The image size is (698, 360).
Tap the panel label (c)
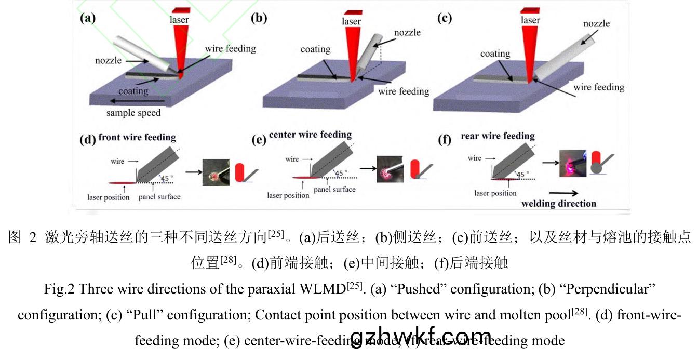(x=444, y=18)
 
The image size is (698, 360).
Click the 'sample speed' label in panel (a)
(x=133, y=113)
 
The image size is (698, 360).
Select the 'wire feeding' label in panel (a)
(x=230, y=49)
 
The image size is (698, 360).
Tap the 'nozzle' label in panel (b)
(x=407, y=32)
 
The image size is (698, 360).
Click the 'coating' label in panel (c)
(x=495, y=54)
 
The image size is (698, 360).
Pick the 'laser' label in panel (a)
(x=179, y=20)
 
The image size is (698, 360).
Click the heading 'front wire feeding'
(x=137, y=138)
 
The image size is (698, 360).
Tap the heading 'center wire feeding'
(x=310, y=135)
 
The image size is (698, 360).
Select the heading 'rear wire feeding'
(x=498, y=136)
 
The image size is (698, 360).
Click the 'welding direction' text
(x=559, y=203)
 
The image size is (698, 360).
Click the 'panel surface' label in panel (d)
(x=159, y=197)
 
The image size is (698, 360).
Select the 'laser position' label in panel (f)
(x=495, y=193)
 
